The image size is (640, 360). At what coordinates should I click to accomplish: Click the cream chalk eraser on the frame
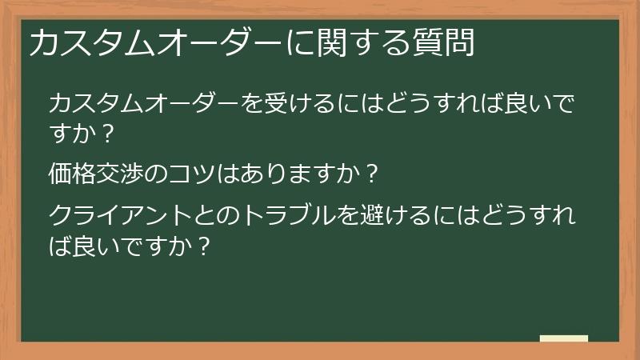(564, 339)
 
